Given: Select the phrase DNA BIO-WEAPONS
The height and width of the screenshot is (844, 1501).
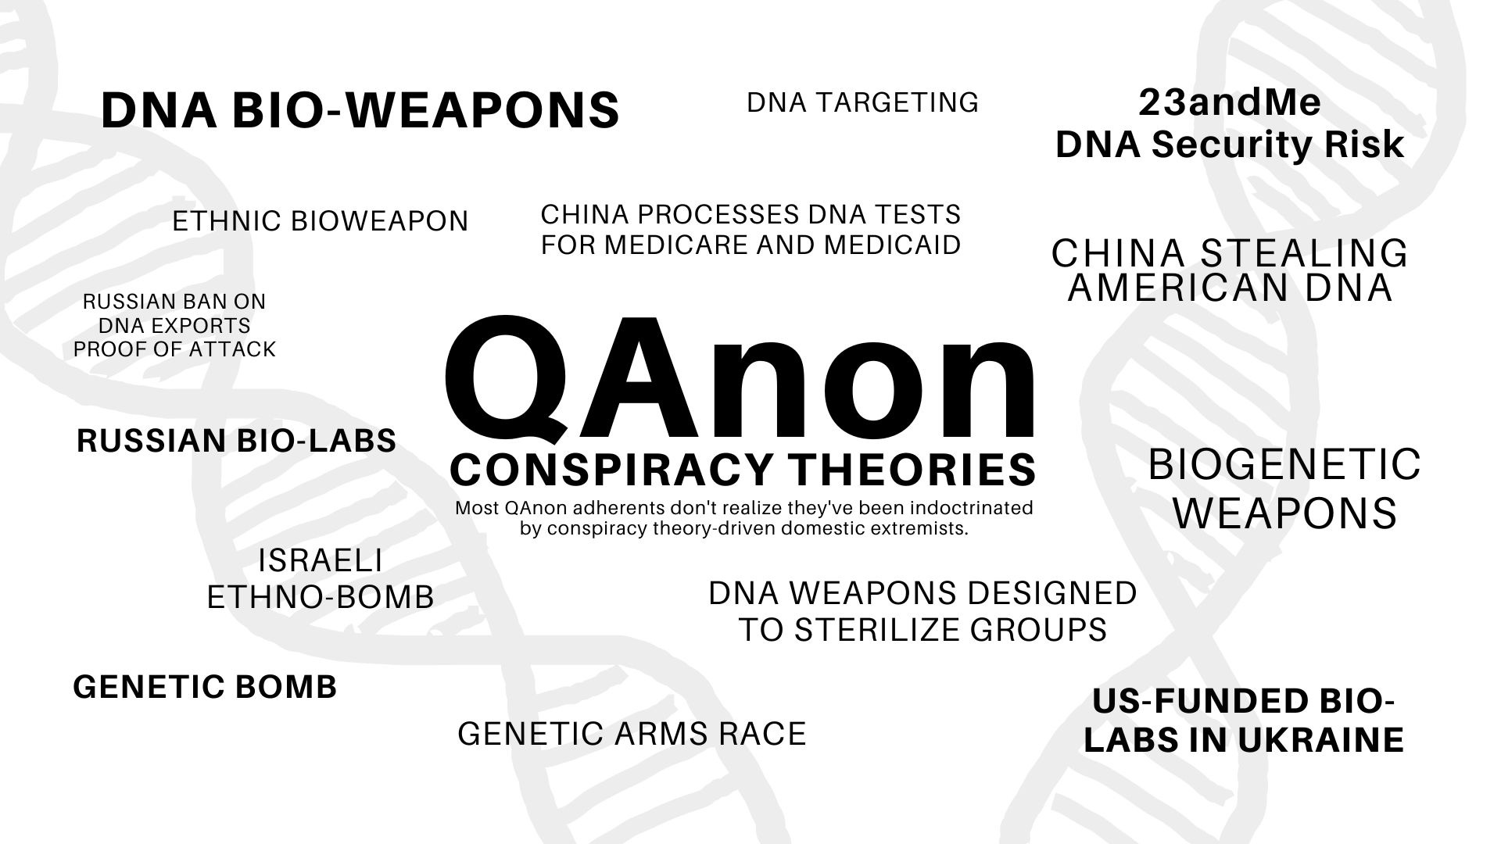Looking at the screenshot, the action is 360,110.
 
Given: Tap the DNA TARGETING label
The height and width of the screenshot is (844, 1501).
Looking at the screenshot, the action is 862,102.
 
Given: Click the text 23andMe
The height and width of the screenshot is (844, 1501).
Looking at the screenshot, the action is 1230,102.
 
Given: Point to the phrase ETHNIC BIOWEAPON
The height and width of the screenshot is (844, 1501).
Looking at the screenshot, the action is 320,221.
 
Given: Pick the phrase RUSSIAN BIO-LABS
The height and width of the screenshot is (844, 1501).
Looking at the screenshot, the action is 236,441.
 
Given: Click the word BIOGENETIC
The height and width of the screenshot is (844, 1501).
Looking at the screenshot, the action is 1284,465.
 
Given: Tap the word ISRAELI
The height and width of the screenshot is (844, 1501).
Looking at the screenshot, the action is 320,560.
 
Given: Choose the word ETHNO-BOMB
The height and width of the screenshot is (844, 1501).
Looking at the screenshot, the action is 320,598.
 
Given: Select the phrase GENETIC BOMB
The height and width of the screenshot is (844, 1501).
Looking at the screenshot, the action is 205,688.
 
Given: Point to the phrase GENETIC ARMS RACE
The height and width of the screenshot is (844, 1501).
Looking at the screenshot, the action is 632,734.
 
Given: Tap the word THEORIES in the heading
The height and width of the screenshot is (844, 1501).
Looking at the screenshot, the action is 912,470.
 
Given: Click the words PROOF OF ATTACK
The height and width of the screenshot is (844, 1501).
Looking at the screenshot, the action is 174,349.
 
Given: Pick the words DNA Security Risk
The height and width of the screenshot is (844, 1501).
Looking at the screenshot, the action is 1230,145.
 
